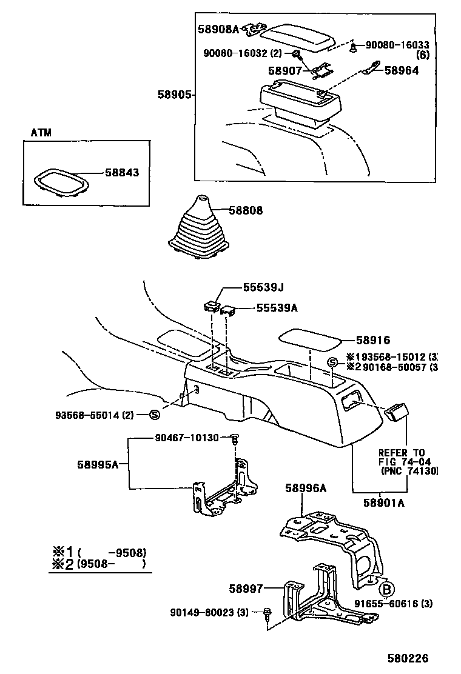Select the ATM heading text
pos(41,132)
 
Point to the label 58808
pos(246,211)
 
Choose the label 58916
pos(373,341)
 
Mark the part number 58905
pos(175,95)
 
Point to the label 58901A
pos(384,502)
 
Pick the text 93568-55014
pos(93,415)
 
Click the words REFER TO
pos(402,453)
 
